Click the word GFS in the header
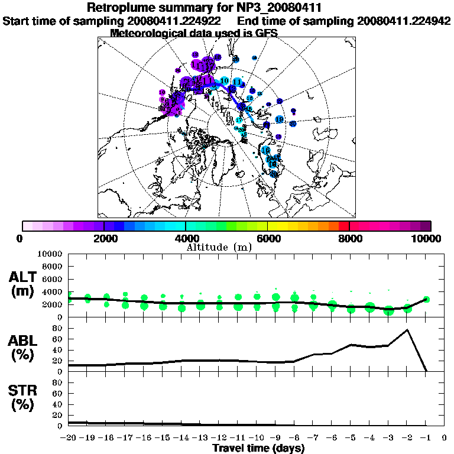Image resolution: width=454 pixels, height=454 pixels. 265,33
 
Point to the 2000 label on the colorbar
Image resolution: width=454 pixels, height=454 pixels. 104,238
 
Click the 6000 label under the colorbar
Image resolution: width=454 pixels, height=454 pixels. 268,238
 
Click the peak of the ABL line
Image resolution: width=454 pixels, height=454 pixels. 407,330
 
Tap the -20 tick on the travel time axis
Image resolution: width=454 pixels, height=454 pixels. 69,438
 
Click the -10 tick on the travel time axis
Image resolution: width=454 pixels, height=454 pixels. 257,438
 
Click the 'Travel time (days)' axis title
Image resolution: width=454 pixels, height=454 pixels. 258,448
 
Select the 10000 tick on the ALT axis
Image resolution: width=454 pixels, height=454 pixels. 50,254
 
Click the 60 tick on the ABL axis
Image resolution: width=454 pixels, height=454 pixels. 58,339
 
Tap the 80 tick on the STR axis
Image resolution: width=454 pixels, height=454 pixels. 58,382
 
